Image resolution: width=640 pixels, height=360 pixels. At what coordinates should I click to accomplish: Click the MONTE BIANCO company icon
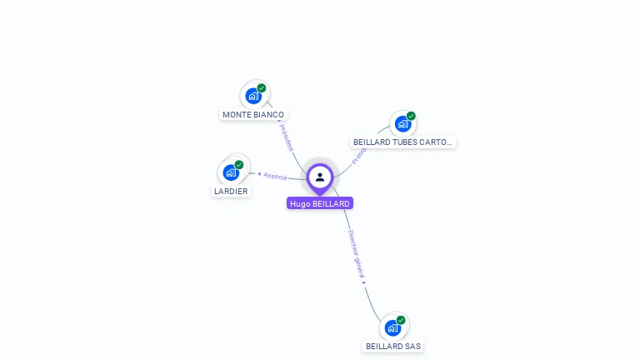point(253,96)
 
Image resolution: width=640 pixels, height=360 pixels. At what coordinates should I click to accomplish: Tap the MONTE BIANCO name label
point(253,114)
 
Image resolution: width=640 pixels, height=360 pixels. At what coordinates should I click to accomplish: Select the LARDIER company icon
point(231,172)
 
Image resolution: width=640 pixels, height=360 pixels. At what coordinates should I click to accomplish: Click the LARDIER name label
point(231,191)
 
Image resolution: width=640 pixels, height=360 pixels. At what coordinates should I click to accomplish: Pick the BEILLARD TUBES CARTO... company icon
point(402,124)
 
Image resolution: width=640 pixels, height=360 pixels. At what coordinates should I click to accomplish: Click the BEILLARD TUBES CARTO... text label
point(402,142)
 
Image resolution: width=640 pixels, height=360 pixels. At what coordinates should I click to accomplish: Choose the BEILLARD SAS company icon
point(392,327)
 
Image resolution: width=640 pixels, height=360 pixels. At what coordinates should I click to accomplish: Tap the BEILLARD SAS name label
point(393,346)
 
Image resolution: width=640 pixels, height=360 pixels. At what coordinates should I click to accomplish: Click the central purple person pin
point(320,177)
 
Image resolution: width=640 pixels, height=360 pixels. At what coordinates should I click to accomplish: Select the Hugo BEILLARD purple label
point(320,203)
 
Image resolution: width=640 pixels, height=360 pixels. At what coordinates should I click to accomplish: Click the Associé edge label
point(275,176)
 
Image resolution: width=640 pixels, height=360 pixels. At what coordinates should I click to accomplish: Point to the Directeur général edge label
point(356,254)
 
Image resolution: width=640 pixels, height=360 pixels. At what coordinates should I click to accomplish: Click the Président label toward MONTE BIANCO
point(286,137)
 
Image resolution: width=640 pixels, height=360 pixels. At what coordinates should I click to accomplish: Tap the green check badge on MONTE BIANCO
point(262,87)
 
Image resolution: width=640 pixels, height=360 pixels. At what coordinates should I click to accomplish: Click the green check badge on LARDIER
point(239,164)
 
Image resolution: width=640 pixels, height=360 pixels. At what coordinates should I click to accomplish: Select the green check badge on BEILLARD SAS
point(401,320)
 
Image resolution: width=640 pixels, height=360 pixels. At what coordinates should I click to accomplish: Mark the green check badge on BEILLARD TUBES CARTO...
point(411,116)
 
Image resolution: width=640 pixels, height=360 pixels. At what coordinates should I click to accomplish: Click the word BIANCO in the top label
point(268,114)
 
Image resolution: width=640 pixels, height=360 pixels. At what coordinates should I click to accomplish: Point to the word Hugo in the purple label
point(299,203)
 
